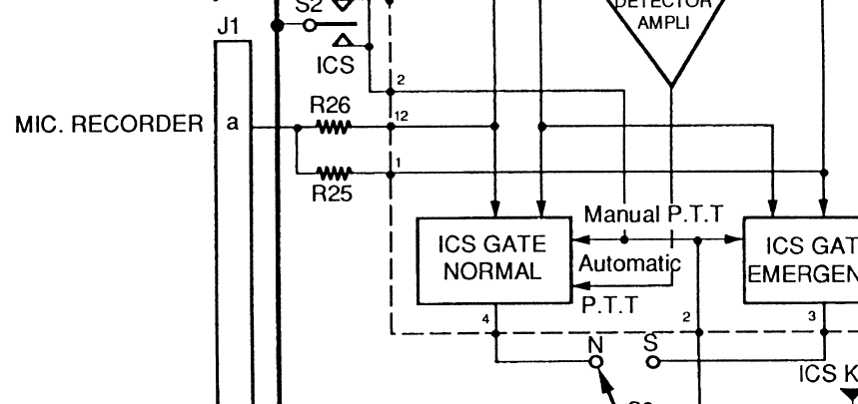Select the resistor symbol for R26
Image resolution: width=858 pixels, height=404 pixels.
pos(332,128)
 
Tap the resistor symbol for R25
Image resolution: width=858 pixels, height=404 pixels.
pos(332,172)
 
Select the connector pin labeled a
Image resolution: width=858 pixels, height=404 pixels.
pos(233,125)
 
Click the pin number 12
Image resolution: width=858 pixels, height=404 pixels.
pos(402,117)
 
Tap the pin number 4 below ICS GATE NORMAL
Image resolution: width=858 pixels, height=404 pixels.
pos(485,318)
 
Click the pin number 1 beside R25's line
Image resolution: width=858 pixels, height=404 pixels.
pos(399,162)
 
